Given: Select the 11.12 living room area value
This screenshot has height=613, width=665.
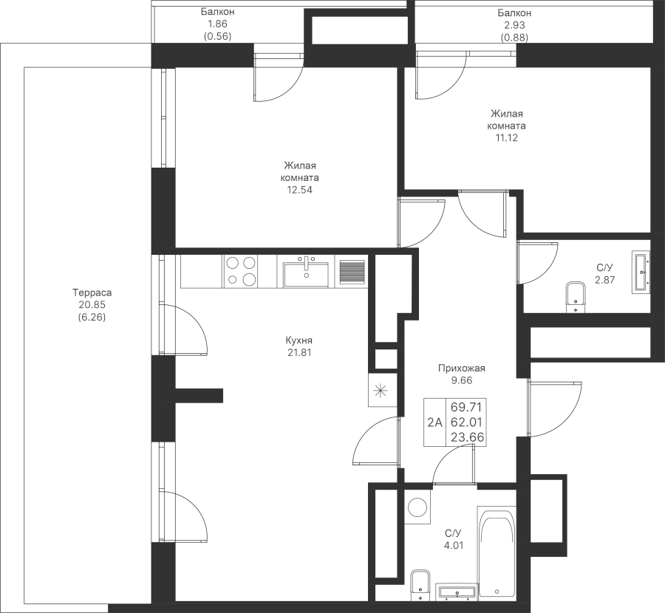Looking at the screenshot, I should click(508, 137).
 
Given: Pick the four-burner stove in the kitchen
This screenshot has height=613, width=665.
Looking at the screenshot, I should click(241, 270).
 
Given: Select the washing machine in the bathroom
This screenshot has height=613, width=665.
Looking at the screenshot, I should click(418, 507).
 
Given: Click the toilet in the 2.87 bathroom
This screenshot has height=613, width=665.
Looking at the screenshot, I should click(574, 297).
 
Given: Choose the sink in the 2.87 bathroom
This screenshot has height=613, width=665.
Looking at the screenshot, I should click(640, 272).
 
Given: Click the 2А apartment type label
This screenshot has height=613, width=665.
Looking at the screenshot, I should click(434, 423).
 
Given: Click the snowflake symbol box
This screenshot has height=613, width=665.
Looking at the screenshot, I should click(381, 391).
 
